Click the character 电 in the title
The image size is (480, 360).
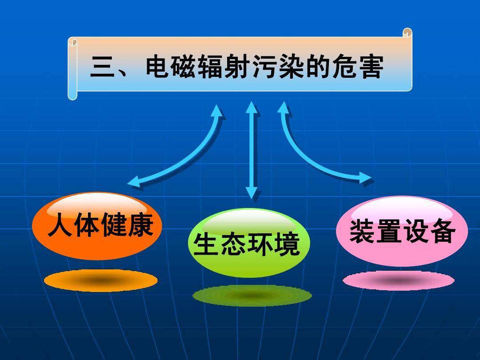pyautogui.click(x=157, y=68)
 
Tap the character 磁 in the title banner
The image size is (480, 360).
pyautogui.click(x=184, y=68)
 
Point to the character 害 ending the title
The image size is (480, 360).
pyautogui.click(x=369, y=68)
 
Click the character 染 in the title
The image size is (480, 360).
pyautogui.click(x=290, y=68)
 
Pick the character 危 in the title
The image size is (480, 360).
pyautogui.click(x=343, y=68)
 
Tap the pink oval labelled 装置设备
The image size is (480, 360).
pyautogui.click(x=402, y=231)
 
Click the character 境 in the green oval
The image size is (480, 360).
pyautogui.click(x=287, y=244)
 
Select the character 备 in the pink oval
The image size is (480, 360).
pyautogui.click(x=442, y=231)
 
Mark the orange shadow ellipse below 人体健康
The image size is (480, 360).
pyautogui.click(x=101, y=280)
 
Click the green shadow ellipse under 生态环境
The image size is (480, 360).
pyautogui.click(x=252, y=296)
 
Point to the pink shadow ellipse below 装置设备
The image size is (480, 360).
pyautogui.click(x=399, y=280)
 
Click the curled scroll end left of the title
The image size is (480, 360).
pyautogui.click(x=72, y=69)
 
